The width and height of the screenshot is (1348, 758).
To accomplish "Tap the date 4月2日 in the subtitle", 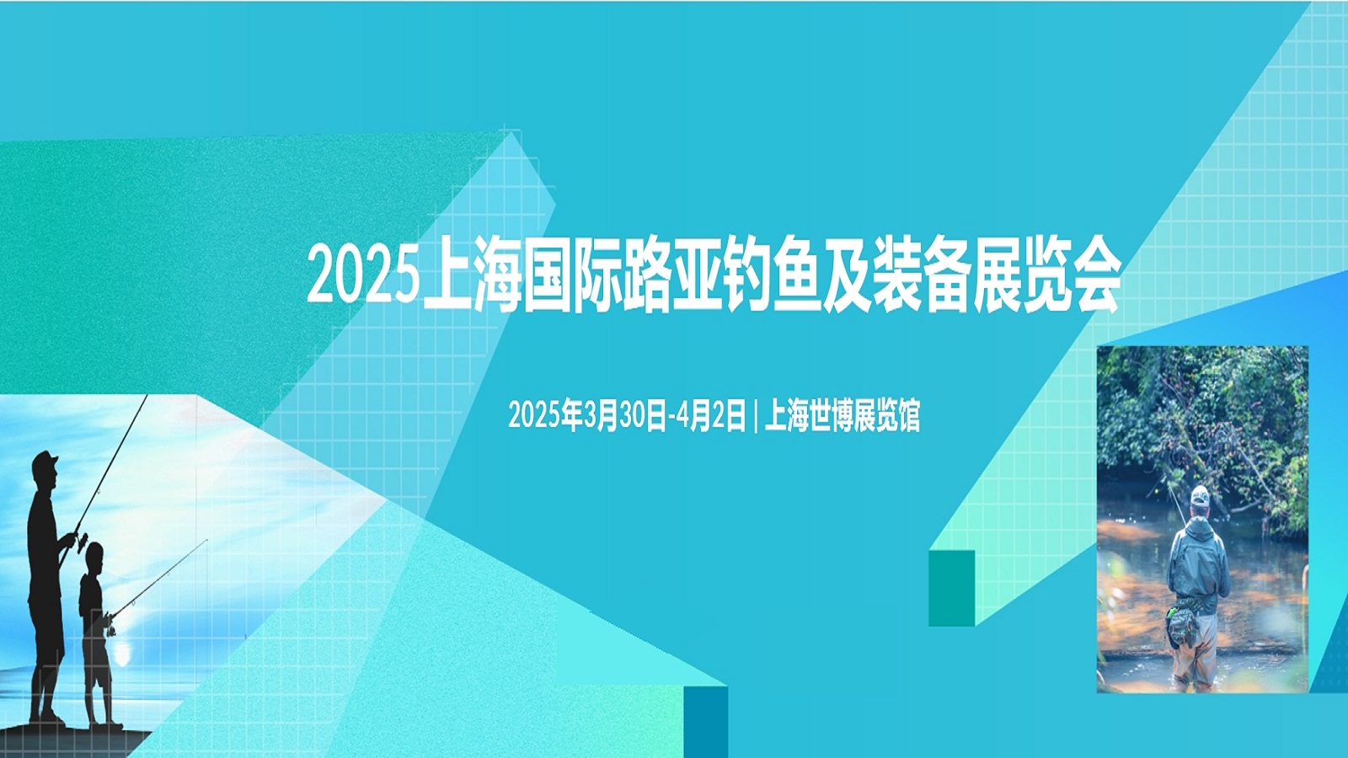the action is (x=711, y=414).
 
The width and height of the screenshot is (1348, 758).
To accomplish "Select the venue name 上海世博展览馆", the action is (x=842, y=414).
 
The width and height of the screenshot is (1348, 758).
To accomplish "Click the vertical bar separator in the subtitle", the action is (x=755, y=415).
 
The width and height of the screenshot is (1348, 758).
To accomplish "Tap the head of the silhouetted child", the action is (x=94, y=558).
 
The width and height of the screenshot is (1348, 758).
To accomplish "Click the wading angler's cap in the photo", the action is (x=1200, y=495).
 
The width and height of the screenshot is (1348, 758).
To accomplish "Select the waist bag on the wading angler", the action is (x=1180, y=622).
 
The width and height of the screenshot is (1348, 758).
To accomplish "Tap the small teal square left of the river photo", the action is (x=951, y=588).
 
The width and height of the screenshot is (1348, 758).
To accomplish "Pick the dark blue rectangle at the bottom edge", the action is (x=706, y=722).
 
